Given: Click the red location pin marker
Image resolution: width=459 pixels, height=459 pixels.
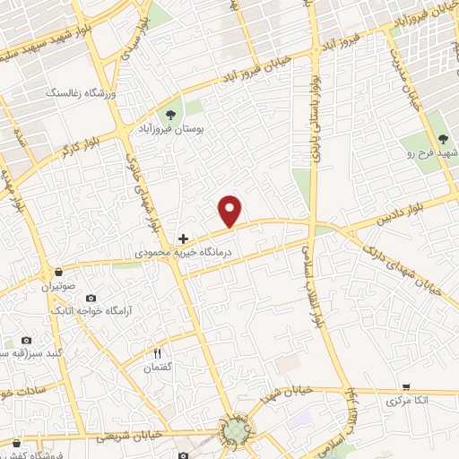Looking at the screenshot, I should point(231,210).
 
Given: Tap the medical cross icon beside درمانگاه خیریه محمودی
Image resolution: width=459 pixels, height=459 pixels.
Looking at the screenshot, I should point(184,238).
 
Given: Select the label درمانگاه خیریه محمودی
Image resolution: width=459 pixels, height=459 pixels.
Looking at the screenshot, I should point(184,255).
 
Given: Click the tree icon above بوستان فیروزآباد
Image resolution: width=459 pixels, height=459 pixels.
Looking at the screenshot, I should point(169,114).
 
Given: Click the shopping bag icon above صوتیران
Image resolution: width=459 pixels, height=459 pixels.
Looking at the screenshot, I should point(59,272).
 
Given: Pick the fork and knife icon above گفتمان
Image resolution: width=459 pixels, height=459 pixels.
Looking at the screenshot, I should point(158,353).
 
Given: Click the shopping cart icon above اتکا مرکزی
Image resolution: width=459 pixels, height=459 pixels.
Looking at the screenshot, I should point(406,387).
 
